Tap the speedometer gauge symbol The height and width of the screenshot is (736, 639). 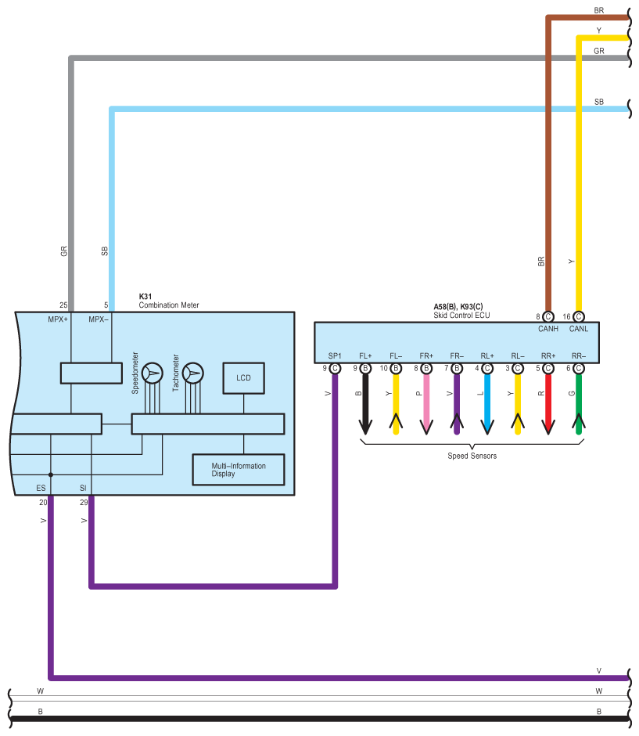[153, 373]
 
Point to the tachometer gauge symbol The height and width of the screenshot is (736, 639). [192, 373]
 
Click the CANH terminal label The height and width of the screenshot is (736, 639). [548, 329]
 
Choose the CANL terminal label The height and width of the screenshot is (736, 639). [579, 329]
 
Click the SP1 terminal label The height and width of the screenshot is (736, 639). [335, 355]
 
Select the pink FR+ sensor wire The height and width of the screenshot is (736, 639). [426, 404]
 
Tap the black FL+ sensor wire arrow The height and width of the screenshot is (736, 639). [365, 404]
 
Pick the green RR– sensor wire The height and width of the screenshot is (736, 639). [579, 404]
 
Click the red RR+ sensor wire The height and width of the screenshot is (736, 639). [548, 404]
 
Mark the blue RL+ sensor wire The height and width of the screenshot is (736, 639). [487, 404]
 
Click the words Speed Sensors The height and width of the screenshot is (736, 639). [472, 456]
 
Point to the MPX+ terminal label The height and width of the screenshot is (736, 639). [58, 319]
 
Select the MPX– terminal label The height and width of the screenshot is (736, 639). [99, 319]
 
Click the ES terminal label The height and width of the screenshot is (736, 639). [41, 488]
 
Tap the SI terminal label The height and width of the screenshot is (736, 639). [83, 488]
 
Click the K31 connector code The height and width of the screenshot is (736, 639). [145, 297]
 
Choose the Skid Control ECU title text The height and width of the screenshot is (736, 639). [461, 316]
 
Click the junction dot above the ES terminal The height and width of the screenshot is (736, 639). [51, 474]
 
